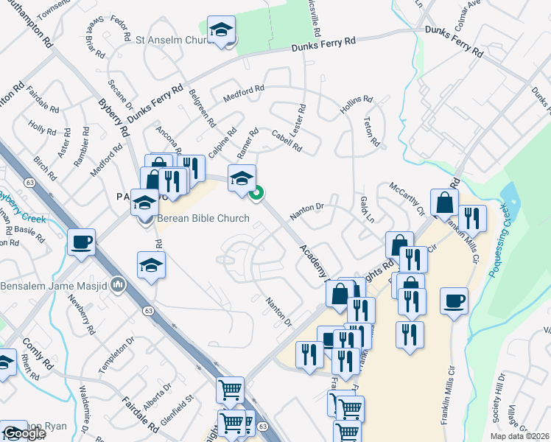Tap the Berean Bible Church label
[x=203, y=219]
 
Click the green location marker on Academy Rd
[x=256, y=194]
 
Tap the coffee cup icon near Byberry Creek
[x=81, y=242]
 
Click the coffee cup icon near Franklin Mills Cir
[x=454, y=301]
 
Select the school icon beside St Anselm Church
[x=220, y=31]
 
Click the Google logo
[x=24, y=434]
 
